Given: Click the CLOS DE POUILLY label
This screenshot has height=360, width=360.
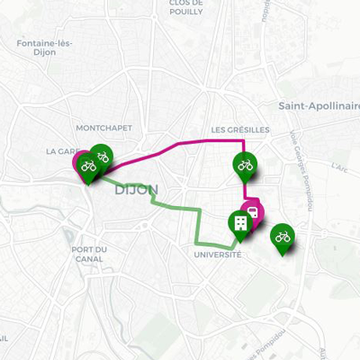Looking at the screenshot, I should click(190, 8).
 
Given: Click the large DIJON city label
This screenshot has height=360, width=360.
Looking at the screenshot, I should click(137, 190).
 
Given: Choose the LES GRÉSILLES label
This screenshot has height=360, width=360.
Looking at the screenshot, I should click(241, 129).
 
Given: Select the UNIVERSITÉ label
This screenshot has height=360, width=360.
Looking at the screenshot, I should click(218, 255).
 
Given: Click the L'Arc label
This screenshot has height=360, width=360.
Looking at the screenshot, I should click(338, 166).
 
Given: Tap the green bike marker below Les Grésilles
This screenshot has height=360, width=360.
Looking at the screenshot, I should click(244, 165).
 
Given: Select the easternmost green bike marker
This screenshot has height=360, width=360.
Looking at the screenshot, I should click(283, 236).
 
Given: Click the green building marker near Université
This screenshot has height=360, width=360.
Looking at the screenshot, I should click(239, 223).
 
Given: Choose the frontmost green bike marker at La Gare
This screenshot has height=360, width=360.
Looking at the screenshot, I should click(88, 165).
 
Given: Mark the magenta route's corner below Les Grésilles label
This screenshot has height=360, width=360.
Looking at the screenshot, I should click(245, 141).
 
